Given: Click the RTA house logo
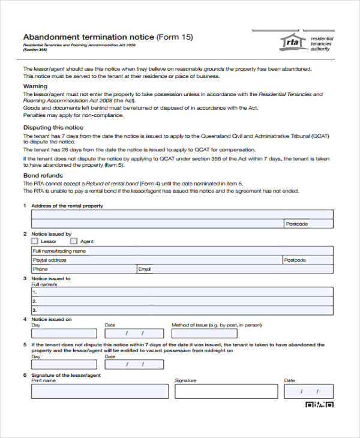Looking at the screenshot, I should pyautogui.click(x=292, y=42).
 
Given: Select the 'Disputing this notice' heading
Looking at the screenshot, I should pyautogui.click(x=53, y=128).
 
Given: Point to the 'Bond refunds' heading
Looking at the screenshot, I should pyautogui.click(x=43, y=175).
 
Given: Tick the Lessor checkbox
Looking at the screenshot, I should pyautogui.click(x=34, y=241).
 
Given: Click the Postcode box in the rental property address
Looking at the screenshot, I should pyautogui.click(x=308, y=224).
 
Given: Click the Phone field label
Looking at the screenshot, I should pyautogui.click(x=40, y=269).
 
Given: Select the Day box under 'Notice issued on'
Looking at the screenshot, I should pyautogui.click(x=63, y=333).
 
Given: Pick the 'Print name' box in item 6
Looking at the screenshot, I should pyautogui.click(x=100, y=391).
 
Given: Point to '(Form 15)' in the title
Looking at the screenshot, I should pyautogui.click(x=175, y=37).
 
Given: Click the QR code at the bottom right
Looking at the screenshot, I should pyautogui.click(x=319, y=405).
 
